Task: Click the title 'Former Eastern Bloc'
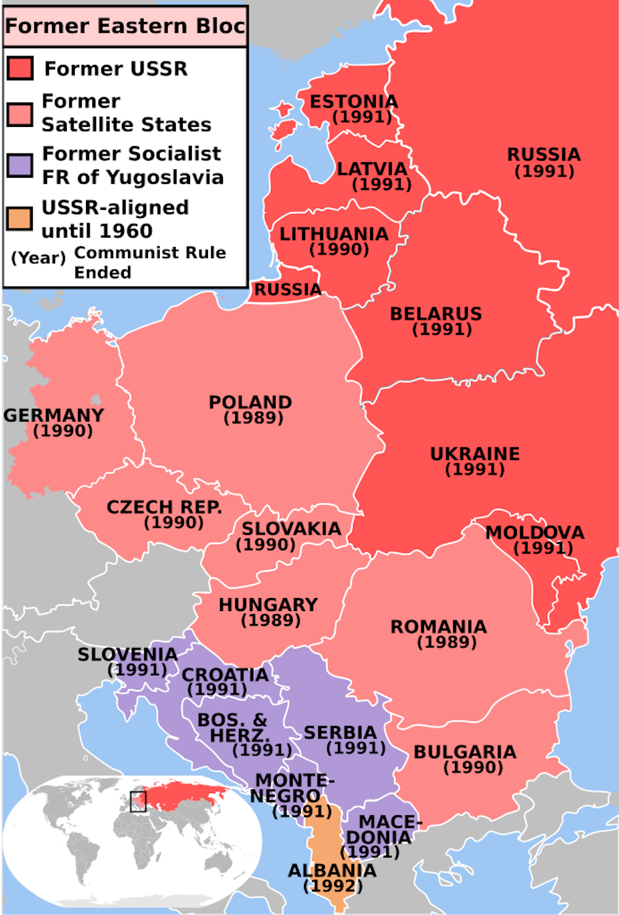[x=124, y=26]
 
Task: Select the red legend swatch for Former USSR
[x=20, y=68]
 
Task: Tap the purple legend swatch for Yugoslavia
[x=20, y=165]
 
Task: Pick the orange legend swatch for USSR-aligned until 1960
[x=20, y=219]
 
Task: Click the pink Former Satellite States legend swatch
[x=20, y=115]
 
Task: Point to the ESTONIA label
[x=353, y=102]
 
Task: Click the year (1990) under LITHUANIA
[x=339, y=249]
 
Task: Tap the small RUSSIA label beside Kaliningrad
[x=288, y=290]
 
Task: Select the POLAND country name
[x=250, y=402]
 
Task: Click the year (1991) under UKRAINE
[x=475, y=469]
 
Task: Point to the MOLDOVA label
[x=534, y=532]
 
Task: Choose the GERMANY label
[x=54, y=415]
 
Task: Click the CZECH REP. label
[x=164, y=507]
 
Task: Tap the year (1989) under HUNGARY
[x=271, y=620]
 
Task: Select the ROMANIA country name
[x=438, y=627]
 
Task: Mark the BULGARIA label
[x=465, y=752]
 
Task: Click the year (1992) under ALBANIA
[x=332, y=886]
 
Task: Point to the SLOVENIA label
[x=128, y=654]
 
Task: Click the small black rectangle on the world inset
[x=138, y=802]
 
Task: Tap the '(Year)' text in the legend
[x=38, y=258]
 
